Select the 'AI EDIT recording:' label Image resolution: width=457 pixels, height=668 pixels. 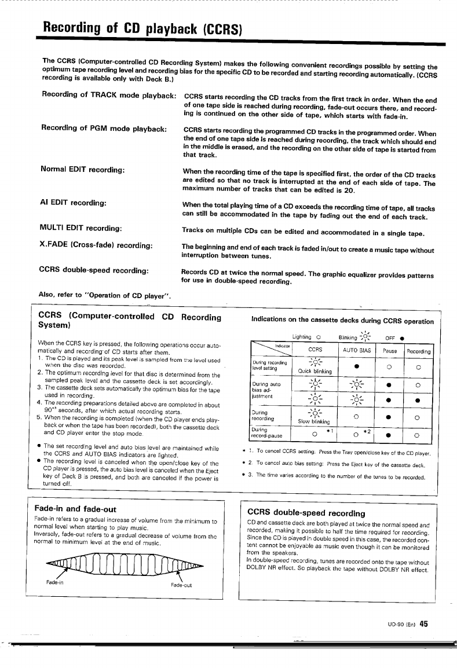tap(72, 203)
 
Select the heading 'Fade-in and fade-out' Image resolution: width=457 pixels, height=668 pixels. tap(76, 509)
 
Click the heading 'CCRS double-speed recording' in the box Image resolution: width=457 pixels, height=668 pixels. tap(306, 513)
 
